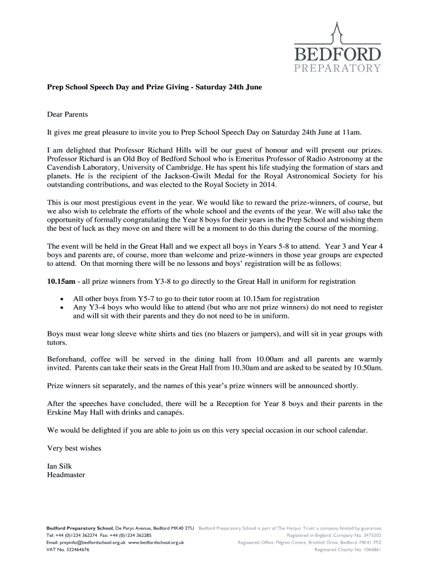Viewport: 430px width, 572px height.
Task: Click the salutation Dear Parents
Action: coord(68,115)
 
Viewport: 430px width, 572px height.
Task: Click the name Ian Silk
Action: coord(59,466)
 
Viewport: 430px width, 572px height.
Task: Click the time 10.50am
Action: coord(366,368)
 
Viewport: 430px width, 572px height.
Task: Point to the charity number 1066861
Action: coord(369,549)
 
